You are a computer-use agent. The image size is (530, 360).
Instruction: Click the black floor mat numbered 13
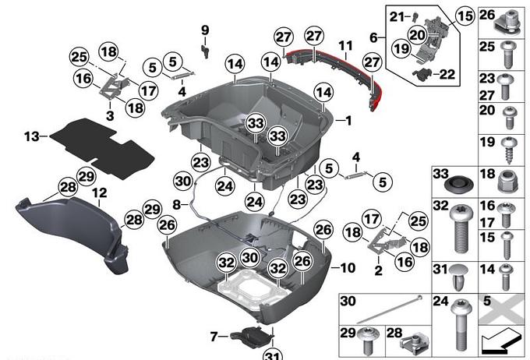coord(101,148)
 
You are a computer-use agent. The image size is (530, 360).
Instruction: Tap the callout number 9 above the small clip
coord(205,30)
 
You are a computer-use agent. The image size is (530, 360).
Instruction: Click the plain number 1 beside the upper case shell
coord(348,120)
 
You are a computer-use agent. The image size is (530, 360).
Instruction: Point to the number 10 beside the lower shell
coord(348,268)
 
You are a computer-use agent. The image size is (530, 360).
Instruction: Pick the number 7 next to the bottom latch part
coord(214,337)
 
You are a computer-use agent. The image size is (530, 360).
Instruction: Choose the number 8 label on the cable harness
coord(176,204)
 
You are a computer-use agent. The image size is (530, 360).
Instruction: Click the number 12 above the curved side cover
coord(100,193)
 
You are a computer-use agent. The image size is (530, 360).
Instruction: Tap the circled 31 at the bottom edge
coord(273,355)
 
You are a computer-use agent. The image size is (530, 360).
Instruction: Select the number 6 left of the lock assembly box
coord(373,37)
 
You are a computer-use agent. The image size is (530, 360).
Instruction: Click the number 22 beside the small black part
coord(447,74)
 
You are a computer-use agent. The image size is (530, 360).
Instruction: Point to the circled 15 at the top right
coord(465,16)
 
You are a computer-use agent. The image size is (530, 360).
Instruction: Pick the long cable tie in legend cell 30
coord(390,309)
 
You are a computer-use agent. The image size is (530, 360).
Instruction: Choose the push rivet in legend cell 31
coord(459,277)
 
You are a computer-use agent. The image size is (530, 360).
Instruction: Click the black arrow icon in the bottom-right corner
coord(500,341)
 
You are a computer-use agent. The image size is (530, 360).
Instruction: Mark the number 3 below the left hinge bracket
coord(110,115)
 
